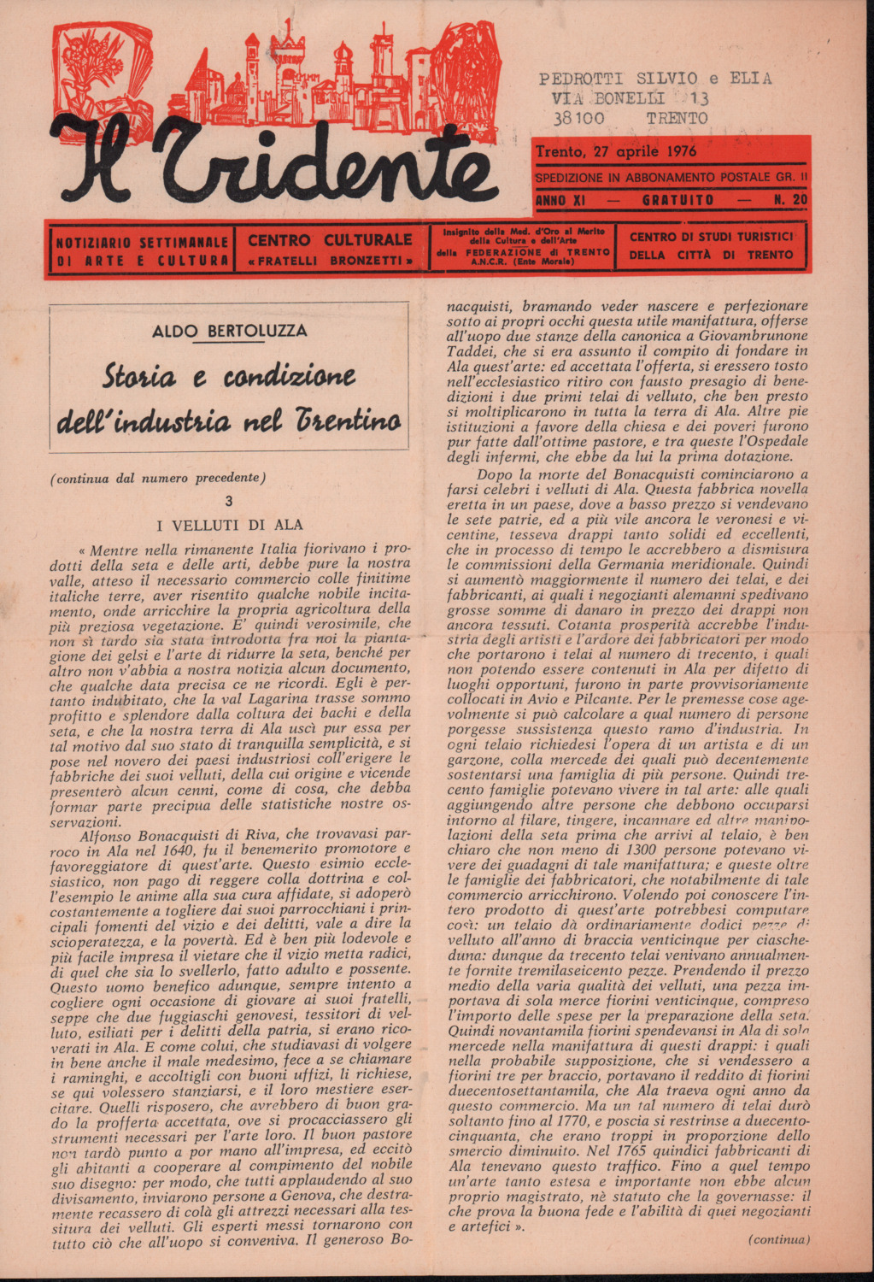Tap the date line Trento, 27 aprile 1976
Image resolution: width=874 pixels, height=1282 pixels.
[x=615, y=152]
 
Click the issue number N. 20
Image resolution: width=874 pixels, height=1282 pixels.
[x=790, y=201]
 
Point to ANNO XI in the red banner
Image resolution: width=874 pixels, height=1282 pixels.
[x=560, y=201]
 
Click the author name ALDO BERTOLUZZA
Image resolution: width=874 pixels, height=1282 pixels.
[x=229, y=331]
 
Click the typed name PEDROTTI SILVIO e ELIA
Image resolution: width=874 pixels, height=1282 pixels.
[x=655, y=79]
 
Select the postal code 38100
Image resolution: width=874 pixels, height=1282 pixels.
[x=578, y=119]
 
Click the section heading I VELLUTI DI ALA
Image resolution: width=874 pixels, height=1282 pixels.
[x=229, y=525]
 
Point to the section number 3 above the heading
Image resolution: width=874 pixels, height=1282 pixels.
[x=228, y=502]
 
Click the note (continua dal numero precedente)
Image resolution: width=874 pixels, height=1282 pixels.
[x=158, y=479]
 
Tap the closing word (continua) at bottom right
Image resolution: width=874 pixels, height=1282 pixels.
[x=778, y=1239]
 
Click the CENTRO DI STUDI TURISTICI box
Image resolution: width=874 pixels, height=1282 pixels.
[x=711, y=246]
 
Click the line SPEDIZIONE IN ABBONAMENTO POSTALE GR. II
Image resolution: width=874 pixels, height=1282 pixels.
[x=671, y=178]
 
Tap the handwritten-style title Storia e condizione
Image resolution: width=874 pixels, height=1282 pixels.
[x=229, y=376]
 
